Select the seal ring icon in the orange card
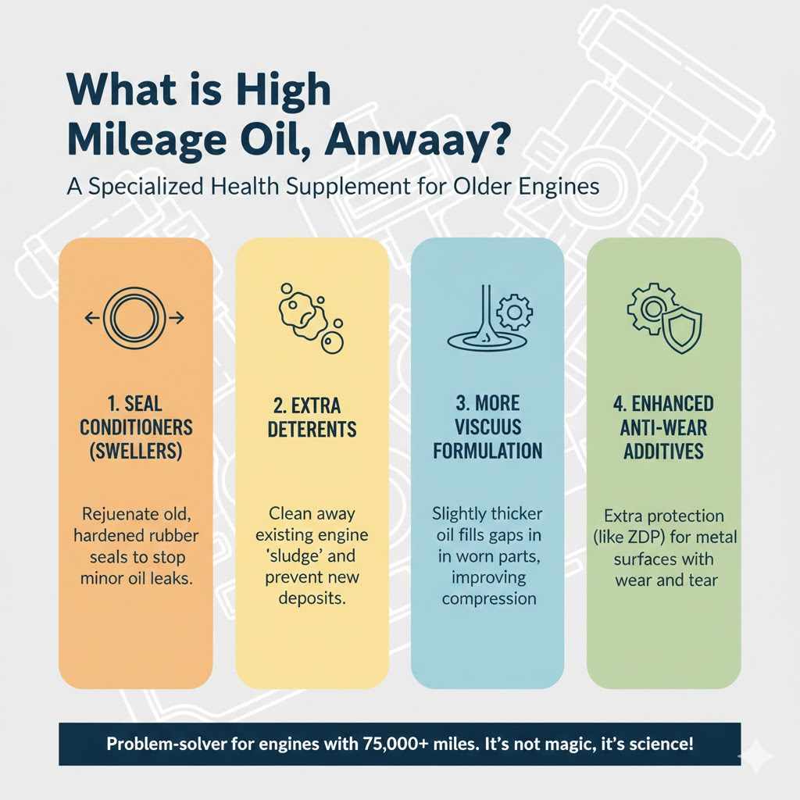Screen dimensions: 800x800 pyautogui.click(x=133, y=317)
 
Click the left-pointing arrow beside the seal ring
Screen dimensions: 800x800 pyautogui.click(x=91, y=317)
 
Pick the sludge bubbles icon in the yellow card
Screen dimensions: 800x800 pyautogui.click(x=308, y=319)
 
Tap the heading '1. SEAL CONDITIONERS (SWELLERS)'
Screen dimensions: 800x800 pyautogui.click(x=135, y=428)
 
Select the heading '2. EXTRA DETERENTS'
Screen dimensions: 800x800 pyautogui.click(x=312, y=418)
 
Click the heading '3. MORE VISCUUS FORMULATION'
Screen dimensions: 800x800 pyautogui.click(x=487, y=428)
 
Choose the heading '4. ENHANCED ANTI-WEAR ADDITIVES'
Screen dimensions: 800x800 pyautogui.click(x=663, y=427)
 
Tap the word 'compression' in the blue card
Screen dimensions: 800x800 pyautogui.click(x=488, y=598)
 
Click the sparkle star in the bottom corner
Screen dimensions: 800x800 pyautogui.click(x=758, y=756)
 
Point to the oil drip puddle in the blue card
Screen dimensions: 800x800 pyautogui.click(x=478, y=341)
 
